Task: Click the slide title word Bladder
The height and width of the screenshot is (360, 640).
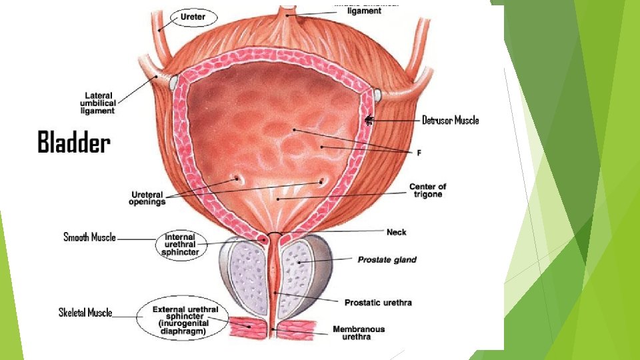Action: tap(73, 143)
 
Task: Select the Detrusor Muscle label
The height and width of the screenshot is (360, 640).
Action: tap(450, 121)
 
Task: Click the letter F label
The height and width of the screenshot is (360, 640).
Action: tap(419, 153)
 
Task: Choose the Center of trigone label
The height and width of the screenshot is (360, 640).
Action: tap(427, 191)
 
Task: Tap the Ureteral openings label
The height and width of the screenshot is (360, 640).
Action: tap(148, 198)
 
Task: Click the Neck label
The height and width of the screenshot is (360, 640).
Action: tap(396, 232)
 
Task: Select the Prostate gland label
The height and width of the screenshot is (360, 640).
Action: tap(387, 259)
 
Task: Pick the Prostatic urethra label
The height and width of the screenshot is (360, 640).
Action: tap(378, 303)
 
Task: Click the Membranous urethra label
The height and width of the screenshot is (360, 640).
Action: tap(359, 333)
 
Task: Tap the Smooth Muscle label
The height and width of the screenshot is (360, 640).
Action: tap(89, 237)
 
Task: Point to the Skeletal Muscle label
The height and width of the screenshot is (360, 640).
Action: tap(85, 313)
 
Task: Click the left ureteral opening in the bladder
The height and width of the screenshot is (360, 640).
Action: tap(235, 178)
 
